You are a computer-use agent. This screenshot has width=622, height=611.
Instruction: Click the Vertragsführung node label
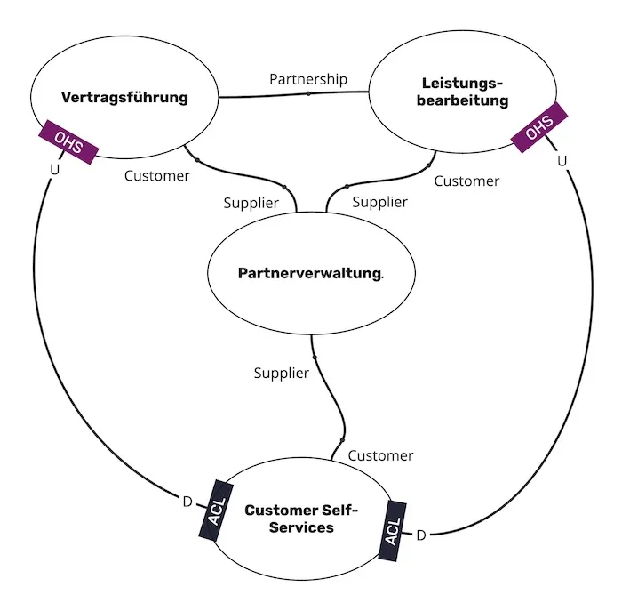[124, 97]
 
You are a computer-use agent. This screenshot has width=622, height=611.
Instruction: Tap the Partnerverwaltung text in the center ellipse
[309, 273]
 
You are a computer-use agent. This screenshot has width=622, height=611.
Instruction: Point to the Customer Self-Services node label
[301, 519]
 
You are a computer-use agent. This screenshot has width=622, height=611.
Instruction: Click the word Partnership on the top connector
[308, 79]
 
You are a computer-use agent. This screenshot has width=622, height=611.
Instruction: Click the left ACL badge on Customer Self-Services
[215, 511]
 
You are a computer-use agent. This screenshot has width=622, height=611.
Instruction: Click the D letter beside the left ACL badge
[187, 502]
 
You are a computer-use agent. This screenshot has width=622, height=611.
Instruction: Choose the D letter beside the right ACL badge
[421, 535]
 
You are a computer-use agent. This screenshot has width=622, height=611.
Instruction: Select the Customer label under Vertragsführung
[156, 176]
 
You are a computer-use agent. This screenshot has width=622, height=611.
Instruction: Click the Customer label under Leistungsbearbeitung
[466, 181]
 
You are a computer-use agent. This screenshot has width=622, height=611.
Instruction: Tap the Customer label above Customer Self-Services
[380, 455]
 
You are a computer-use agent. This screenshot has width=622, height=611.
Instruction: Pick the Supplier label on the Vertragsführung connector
[251, 203]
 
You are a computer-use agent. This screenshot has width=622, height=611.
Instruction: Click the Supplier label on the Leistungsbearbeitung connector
[379, 202]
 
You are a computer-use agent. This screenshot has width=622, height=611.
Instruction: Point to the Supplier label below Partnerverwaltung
[282, 373]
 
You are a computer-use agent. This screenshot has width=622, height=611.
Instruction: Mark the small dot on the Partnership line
[308, 92]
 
